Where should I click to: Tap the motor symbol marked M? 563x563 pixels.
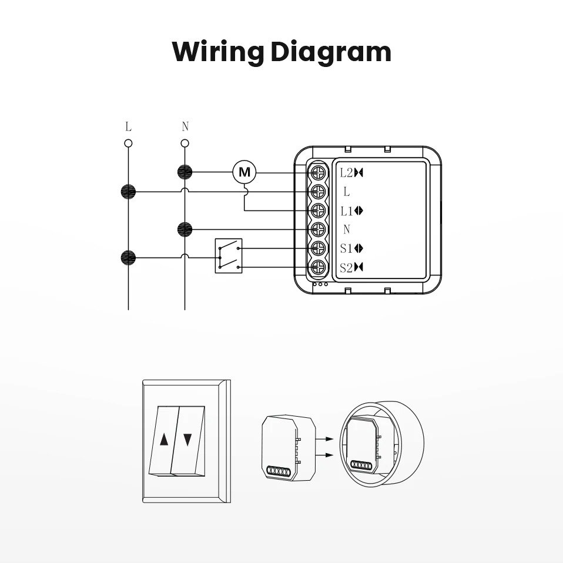(244, 173)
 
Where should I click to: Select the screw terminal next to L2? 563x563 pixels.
(319, 173)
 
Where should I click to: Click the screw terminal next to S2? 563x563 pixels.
(319, 267)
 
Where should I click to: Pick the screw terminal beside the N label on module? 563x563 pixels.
(319, 229)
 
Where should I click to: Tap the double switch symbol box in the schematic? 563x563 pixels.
(229, 256)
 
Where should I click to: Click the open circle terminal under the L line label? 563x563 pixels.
(128, 143)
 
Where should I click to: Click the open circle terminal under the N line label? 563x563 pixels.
(185, 143)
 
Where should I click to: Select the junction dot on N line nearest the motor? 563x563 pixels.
(185, 172)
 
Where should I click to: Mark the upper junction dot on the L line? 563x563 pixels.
(128, 191)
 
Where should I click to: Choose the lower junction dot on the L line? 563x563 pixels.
(128, 257)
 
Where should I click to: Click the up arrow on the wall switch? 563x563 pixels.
(164, 439)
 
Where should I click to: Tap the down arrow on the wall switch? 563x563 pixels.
(187, 439)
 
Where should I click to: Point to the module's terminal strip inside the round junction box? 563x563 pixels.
(361, 464)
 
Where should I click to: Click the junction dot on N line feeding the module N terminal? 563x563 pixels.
(185, 229)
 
